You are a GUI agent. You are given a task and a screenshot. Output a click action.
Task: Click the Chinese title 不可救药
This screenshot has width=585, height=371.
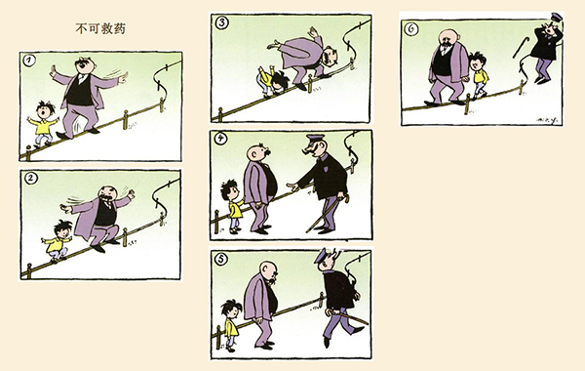100,28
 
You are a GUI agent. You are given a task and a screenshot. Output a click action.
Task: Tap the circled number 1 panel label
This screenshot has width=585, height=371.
29,61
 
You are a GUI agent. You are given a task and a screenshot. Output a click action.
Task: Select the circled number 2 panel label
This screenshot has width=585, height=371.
31,179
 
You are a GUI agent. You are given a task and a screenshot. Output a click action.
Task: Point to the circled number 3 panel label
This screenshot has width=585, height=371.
222,22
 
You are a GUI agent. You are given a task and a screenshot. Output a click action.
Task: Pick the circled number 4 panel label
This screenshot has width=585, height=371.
221,139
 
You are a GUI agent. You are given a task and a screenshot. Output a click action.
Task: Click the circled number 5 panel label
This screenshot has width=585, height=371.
221,259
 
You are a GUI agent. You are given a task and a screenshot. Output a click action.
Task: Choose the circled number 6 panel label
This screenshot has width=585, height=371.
411,28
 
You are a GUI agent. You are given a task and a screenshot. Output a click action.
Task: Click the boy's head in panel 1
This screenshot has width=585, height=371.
46,110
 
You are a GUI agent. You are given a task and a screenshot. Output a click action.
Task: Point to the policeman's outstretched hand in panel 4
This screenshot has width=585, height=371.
292,185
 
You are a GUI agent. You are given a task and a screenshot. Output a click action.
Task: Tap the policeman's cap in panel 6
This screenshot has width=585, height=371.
557,18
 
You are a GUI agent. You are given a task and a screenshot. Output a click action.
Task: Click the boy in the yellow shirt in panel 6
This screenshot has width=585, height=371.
479,76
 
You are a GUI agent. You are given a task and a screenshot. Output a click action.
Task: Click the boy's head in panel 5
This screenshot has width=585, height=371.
231,309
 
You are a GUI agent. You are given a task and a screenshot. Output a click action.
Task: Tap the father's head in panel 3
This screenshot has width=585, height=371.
331,57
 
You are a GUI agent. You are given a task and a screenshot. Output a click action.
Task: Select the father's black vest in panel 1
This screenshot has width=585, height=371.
80,91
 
